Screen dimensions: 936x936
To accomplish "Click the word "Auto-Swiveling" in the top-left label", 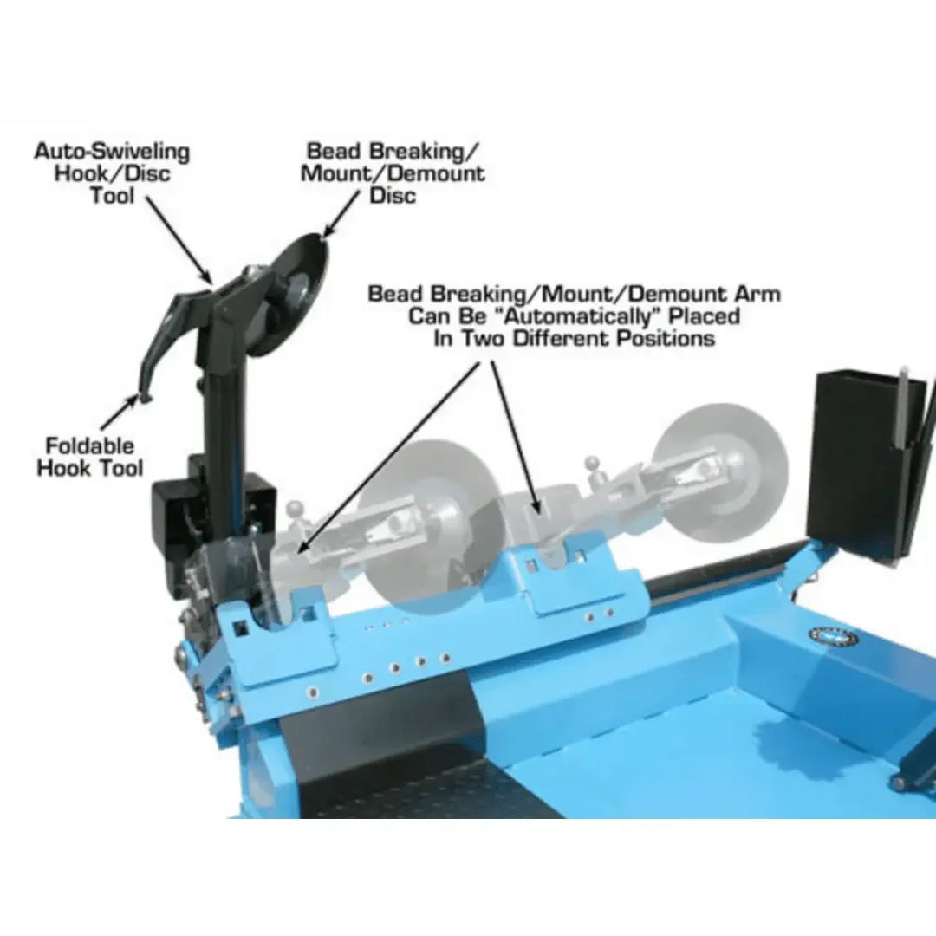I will [111, 152].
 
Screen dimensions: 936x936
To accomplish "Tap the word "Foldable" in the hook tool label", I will [90, 446].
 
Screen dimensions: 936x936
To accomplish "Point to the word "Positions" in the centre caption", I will [666, 338].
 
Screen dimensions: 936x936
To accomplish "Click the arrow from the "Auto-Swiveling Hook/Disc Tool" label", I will [178, 238].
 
